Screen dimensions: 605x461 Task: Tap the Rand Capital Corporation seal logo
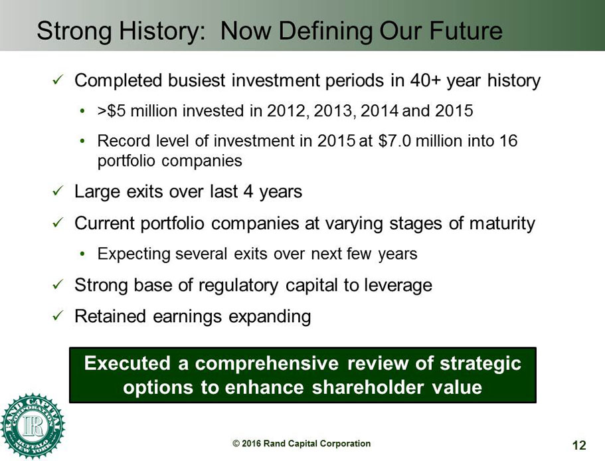coord(33,426)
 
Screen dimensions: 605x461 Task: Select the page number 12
coord(578,445)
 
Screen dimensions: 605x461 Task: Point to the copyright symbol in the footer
coord(236,444)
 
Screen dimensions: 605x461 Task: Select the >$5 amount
coord(112,111)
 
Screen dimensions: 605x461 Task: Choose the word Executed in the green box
coord(128,363)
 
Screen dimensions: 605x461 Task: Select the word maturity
coord(502,223)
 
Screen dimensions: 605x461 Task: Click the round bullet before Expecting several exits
coord(82,254)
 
